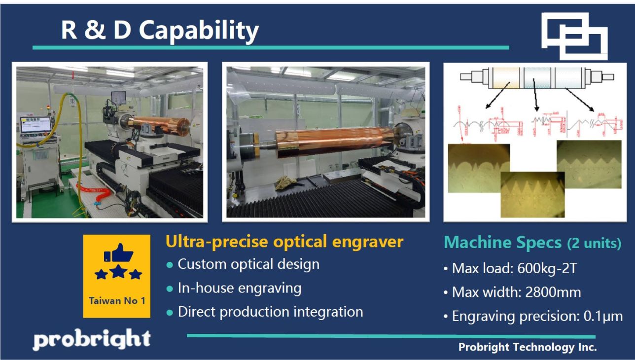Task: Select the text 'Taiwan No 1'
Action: tap(117, 300)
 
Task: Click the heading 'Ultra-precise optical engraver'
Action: tap(284, 242)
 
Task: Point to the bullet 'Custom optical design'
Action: tap(248, 264)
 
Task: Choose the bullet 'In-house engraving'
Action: tap(239, 288)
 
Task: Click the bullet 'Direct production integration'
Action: tap(270, 312)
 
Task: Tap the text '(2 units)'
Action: tap(594, 244)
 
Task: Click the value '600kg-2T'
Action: tap(547, 269)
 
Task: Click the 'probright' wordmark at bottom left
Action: tap(92, 339)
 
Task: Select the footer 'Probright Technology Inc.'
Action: tap(527, 347)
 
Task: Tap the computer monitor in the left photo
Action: tap(35, 125)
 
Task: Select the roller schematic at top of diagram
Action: tap(536, 77)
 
